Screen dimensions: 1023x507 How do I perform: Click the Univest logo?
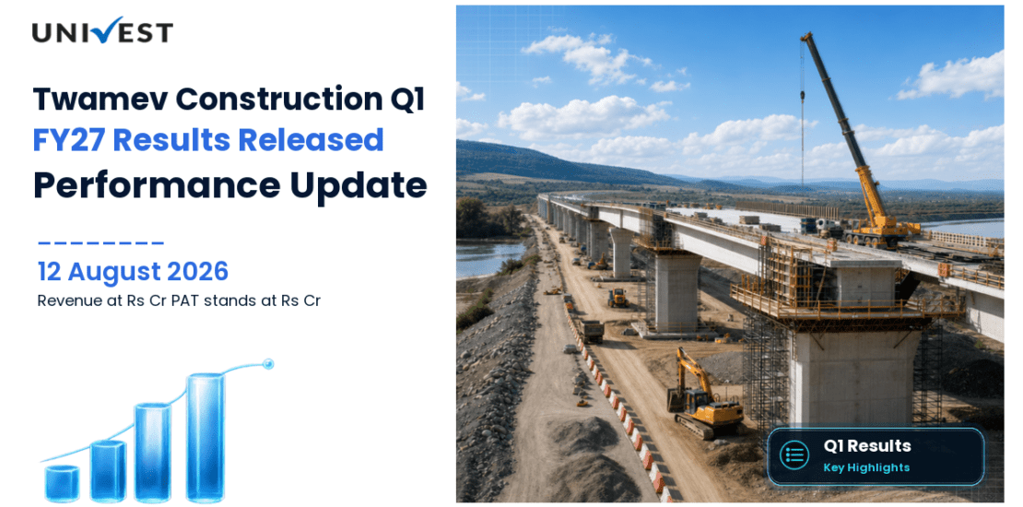[x=102, y=30]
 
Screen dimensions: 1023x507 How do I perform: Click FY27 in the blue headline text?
[x=68, y=140]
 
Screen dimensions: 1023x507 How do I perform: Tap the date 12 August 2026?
[x=133, y=271]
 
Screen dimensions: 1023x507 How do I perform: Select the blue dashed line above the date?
[x=101, y=243]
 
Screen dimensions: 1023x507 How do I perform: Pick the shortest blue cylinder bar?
[x=62, y=484]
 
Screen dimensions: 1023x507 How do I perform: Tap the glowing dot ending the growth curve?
[x=267, y=363]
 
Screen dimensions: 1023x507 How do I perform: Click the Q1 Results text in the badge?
[x=867, y=446]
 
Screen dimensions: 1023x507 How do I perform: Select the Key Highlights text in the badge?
[x=866, y=467]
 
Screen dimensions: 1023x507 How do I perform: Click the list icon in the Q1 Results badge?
[x=794, y=456]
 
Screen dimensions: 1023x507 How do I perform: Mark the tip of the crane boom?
[x=805, y=35]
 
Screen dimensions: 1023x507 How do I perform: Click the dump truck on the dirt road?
[x=592, y=331]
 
